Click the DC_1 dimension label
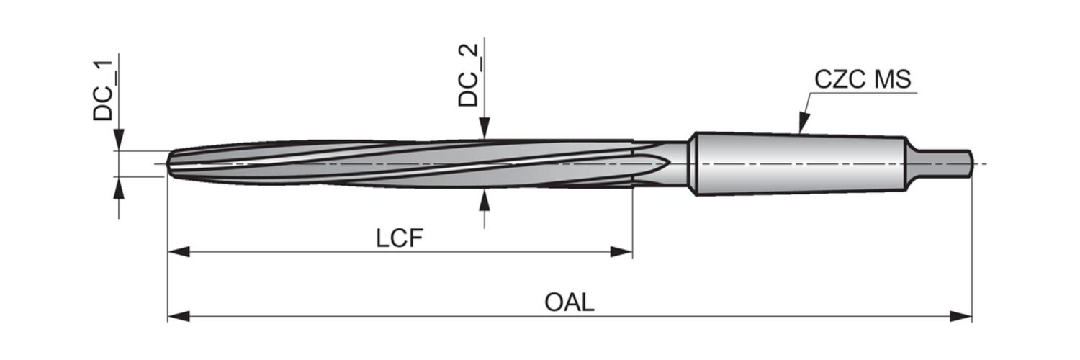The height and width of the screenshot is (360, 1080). click(103, 91)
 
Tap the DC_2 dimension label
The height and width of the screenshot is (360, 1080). click(468, 75)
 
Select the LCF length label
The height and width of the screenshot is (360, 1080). click(399, 238)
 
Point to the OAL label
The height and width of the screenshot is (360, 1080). click(570, 302)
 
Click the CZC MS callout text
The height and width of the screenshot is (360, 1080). click(863, 79)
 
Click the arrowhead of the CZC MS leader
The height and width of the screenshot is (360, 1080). click(802, 122)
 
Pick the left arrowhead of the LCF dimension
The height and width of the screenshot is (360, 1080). click(179, 251)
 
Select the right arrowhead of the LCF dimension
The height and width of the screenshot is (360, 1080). click(621, 251)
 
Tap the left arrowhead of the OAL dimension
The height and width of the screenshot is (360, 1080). click(179, 317)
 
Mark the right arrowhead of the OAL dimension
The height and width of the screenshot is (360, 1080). click(961, 317)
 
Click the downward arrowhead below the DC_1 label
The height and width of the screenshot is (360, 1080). click(119, 140)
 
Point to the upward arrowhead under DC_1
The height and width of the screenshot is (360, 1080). click(119, 187)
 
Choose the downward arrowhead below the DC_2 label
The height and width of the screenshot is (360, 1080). click(485, 129)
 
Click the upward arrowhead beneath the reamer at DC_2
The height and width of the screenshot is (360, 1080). click(485, 199)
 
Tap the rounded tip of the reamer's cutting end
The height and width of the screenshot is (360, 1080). click(170, 164)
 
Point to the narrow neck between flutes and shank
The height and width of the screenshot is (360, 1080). click(660, 164)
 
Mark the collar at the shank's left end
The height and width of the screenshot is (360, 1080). click(694, 164)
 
